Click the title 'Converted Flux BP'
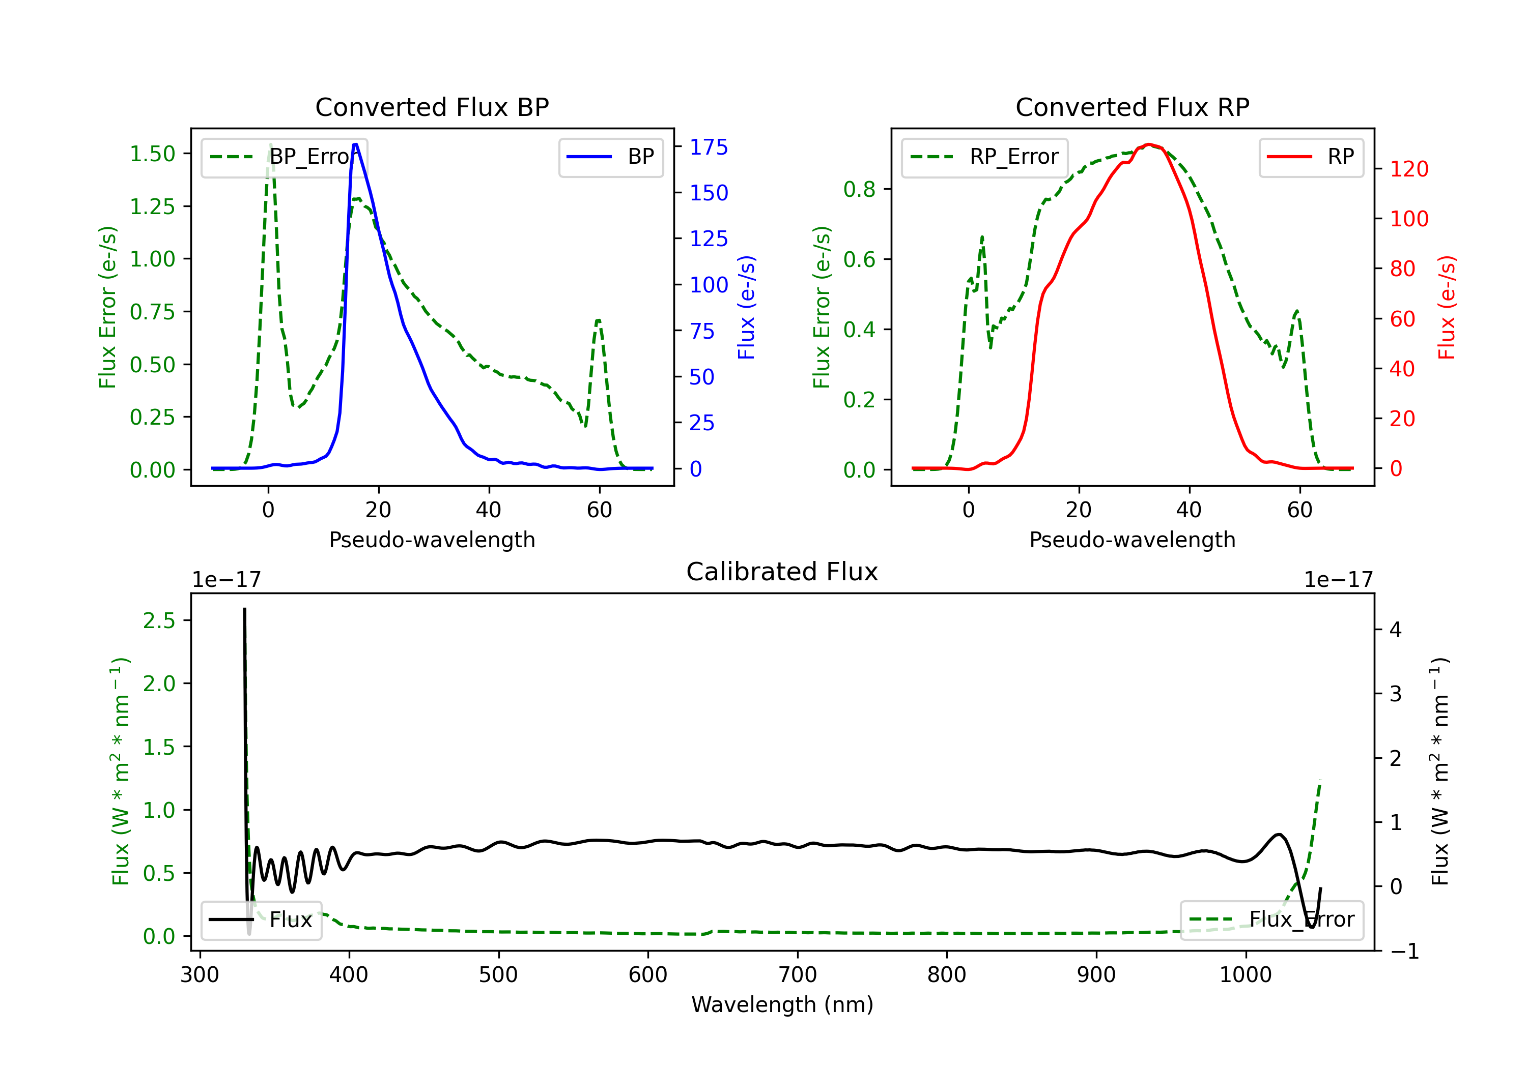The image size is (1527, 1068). coord(432,107)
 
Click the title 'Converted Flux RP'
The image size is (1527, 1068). coord(1132,107)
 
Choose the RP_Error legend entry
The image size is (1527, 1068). coord(984,157)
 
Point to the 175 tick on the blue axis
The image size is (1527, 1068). coord(709,147)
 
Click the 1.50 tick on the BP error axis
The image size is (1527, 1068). coord(152,154)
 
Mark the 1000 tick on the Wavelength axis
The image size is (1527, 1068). coord(1245,975)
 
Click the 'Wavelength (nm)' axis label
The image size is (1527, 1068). coord(782,1004)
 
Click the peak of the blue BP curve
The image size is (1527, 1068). coord(355,144)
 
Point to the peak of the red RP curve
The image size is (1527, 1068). coord(1149,144)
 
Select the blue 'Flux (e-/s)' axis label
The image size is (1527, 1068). coord(746,307)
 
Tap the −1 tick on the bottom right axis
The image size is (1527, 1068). coord(1405,952)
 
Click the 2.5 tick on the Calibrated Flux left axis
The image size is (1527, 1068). coord(159,621)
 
